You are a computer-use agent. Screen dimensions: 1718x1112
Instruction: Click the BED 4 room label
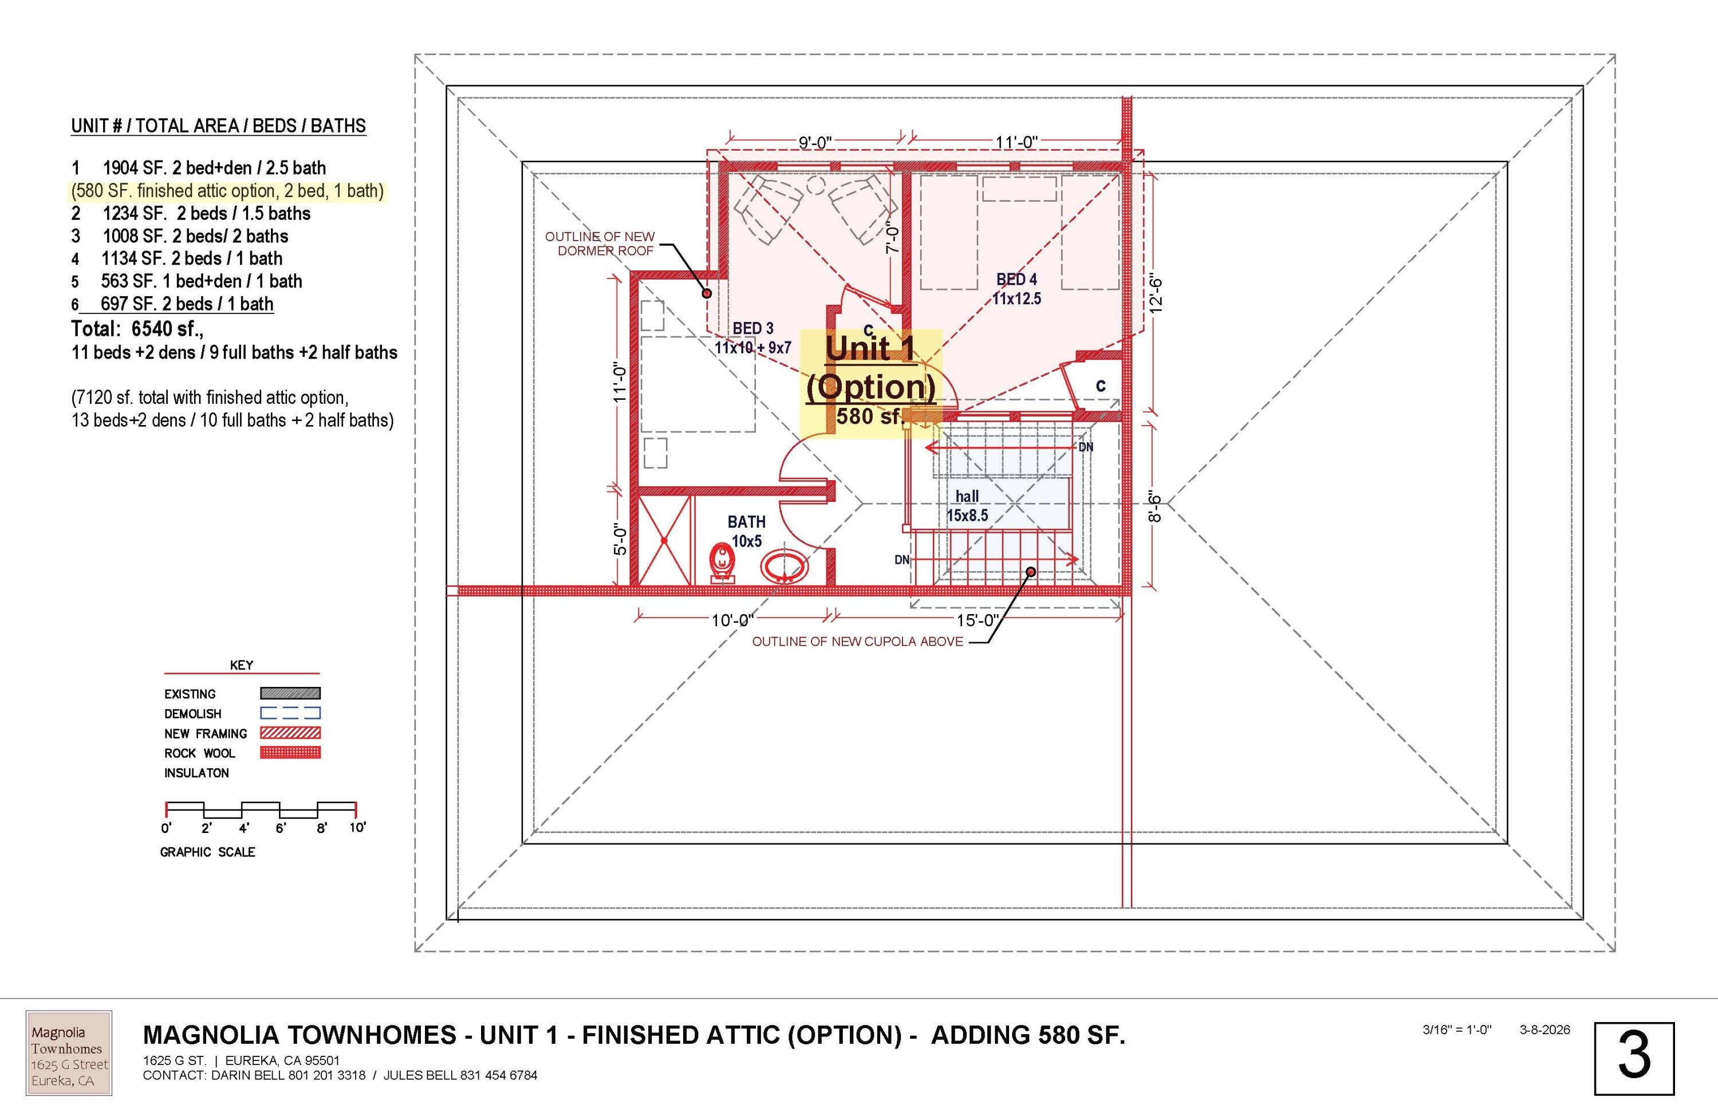point(1016,289)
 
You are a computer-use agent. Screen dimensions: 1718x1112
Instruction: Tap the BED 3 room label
point(753,338)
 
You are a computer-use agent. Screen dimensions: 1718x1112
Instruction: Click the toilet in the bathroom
point(721,563)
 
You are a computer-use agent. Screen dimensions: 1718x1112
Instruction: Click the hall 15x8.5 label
point(967,505)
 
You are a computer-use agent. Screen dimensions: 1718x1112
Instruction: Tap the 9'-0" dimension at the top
point(815,142)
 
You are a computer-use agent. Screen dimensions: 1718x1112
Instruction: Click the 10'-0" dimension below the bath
point(732,619)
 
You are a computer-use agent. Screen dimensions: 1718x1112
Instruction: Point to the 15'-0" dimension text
point(978,619)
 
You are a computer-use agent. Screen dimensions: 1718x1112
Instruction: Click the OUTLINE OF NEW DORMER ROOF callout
point(600,243)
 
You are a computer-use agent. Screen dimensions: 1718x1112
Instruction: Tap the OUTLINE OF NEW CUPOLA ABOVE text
point(857,641)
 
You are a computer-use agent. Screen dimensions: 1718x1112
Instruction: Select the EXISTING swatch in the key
point(290,693)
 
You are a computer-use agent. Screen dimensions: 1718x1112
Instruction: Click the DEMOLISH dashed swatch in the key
point(290,713)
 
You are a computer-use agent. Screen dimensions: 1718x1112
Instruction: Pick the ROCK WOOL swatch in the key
point(290,752)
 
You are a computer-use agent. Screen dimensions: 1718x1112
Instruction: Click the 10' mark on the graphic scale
point(357,827)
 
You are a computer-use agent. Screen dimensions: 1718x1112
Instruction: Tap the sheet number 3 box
point(1634,1059)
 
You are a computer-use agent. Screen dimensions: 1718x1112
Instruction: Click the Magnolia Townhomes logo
point(69,1053)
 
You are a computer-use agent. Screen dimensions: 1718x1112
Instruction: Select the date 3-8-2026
point(1544,1030)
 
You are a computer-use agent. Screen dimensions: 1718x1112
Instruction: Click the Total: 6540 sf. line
point(137,329)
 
